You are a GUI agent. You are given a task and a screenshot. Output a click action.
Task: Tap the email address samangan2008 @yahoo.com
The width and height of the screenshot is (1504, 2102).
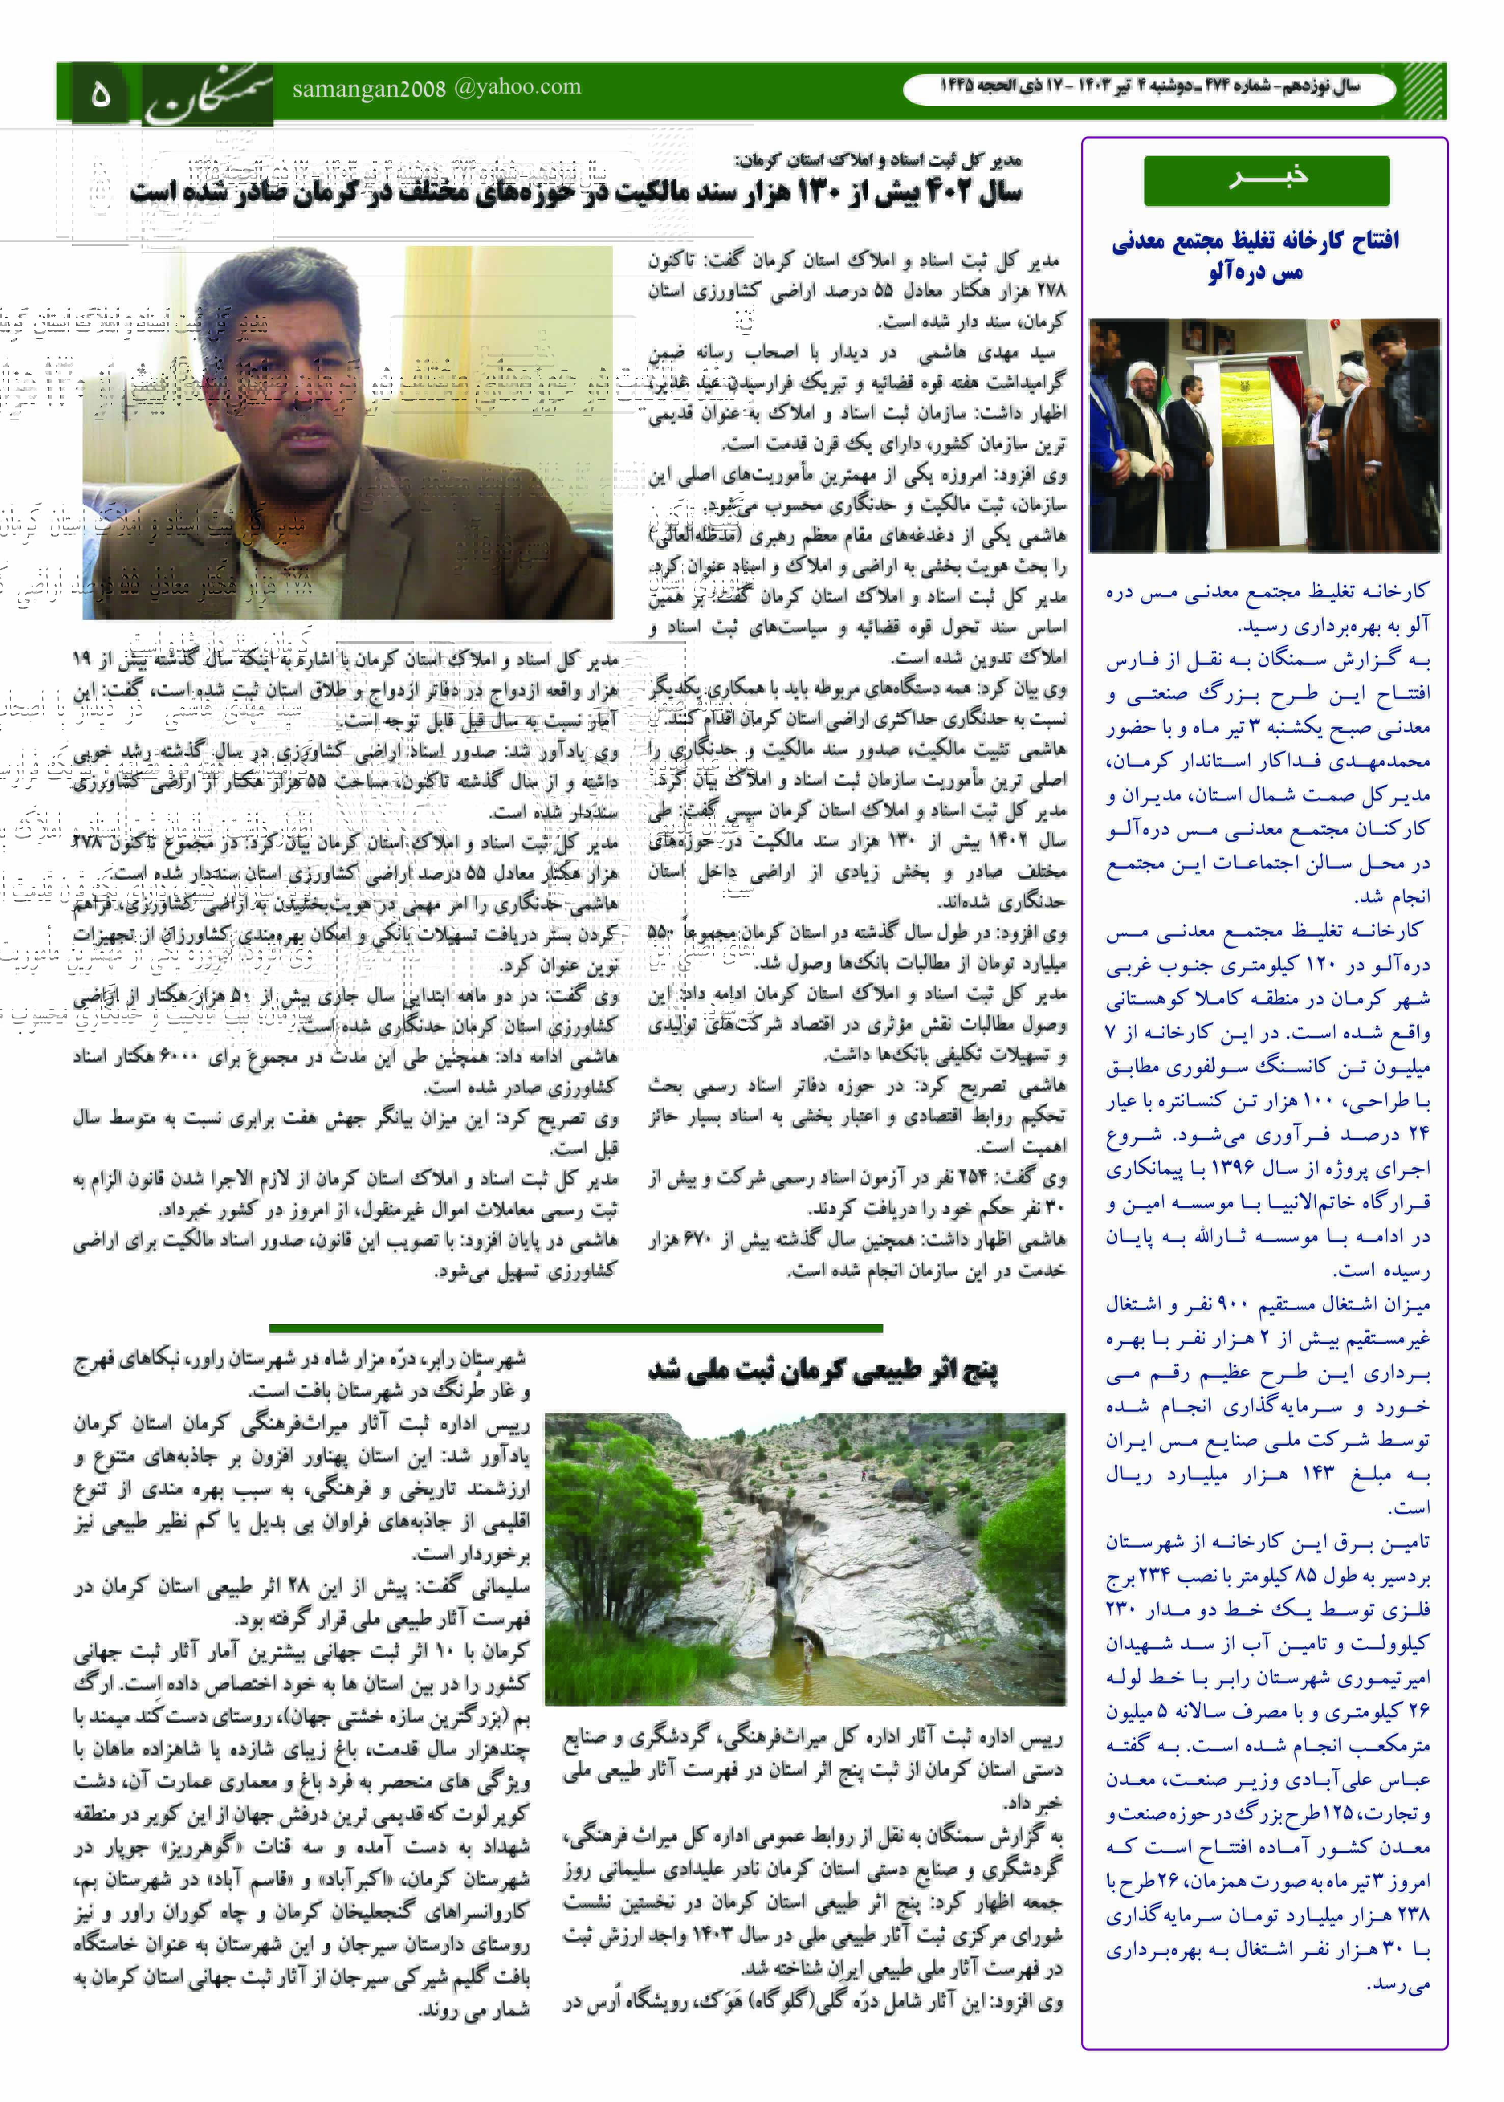pos(436,89)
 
